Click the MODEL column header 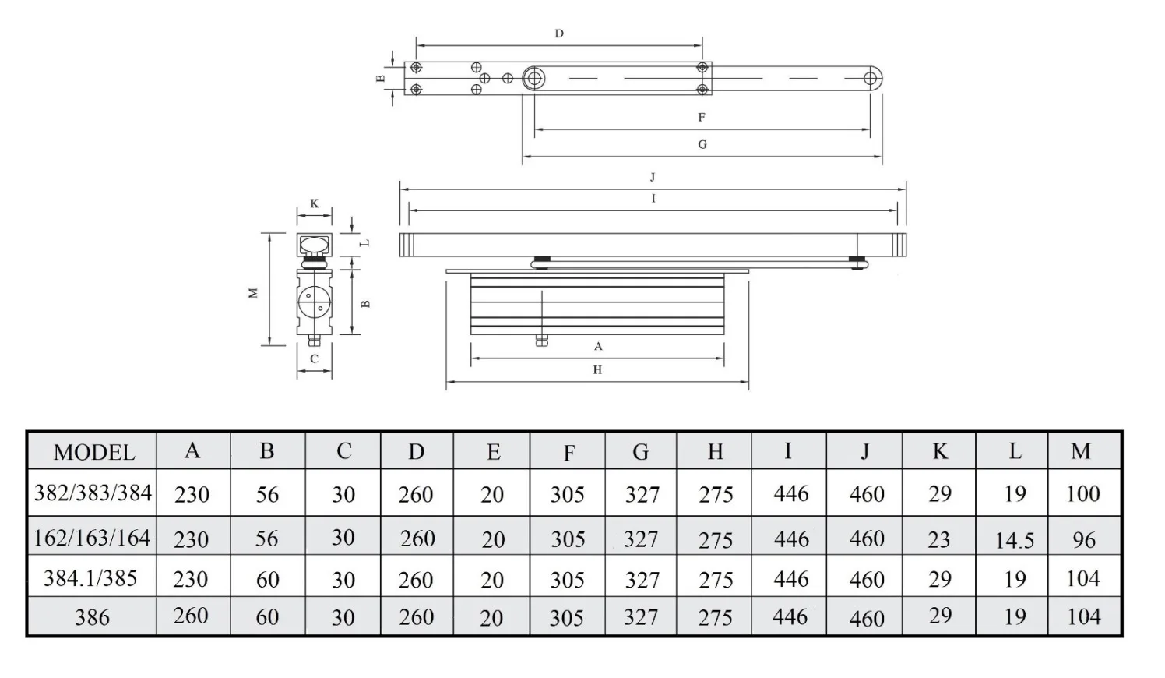[94, 452]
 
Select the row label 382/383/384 [93, 493]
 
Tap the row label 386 [92, 618]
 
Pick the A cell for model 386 [191, 616]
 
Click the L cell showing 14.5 [1014, 541]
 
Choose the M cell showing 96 [1084, 540]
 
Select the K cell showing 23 [938, 540]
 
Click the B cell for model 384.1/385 [267, 580]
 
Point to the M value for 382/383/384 [1082, 493]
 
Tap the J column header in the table [864, 452]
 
